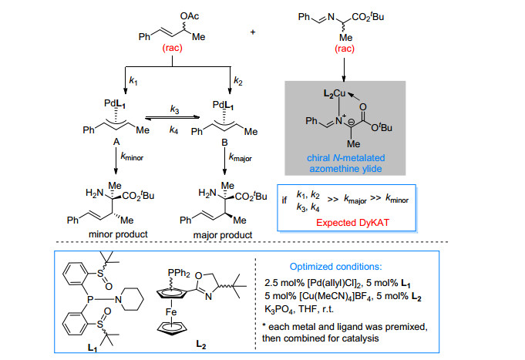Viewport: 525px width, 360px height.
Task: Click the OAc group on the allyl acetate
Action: tap(189, 16)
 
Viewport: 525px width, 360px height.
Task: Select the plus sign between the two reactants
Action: tap(253, 32)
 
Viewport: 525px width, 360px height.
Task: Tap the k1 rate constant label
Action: tap(133, 81)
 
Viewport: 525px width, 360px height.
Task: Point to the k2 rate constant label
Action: tap(238, 81)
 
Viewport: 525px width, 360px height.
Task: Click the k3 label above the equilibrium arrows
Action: tap(174, 109)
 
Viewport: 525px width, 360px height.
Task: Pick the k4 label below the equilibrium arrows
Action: tap(173, 130)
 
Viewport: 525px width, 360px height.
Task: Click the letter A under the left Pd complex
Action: tap(116, 142)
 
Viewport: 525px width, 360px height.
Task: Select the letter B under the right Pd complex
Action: tap(224, 143)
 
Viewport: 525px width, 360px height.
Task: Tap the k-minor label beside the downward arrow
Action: tap(132, 156)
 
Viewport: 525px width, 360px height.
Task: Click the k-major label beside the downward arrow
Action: tap(240, 157)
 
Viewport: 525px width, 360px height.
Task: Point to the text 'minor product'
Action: tap(118, 234)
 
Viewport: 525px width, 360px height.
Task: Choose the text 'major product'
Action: tap(223, 235)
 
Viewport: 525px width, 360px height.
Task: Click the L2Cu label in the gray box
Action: tap(334, 93)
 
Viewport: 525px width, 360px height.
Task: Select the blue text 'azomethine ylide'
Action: tap(345, 169)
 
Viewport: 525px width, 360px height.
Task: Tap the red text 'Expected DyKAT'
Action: tap(352, 223)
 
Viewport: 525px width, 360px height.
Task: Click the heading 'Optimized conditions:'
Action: tap(335, 267)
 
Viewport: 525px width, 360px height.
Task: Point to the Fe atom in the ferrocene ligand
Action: tap(171, 312)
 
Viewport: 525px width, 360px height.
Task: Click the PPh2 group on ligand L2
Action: tap(179, 273)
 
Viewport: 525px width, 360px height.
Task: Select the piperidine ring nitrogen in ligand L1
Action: tap(118, 299)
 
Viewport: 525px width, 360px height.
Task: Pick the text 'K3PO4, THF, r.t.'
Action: tap(298, 309)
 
